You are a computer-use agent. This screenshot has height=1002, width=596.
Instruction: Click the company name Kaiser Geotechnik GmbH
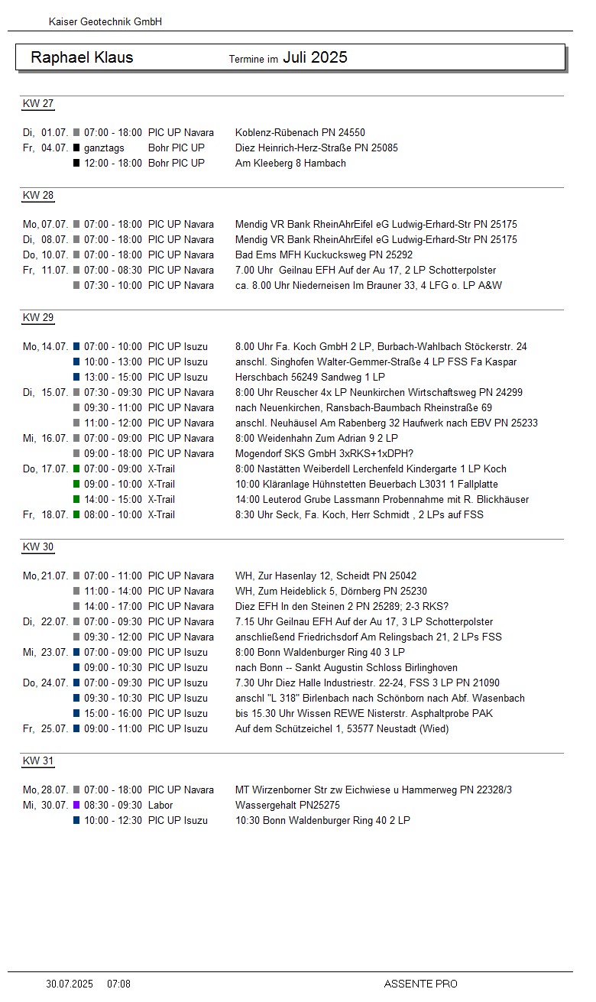[x=105, y=22]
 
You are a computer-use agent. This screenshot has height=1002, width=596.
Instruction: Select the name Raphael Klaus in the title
[x=82, y=57]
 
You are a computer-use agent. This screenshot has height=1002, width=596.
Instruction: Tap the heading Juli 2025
[x=315, y=57]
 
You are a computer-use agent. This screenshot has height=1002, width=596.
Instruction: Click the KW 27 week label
[x=38, y=104]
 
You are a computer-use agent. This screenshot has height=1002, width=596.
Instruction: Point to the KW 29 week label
[x=38, y=318]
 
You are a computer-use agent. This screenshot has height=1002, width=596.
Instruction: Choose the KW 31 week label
[x=38, y=761]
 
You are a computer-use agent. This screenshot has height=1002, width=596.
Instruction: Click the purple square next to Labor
[x=76, y=805]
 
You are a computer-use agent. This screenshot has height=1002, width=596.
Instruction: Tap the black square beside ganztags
[x=76, y=148]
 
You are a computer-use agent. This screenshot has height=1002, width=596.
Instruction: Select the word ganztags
[x=104, y=148]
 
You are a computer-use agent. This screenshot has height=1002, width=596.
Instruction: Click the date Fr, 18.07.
[x=45, y=514]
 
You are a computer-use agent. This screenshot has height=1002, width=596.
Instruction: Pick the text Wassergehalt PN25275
[x=287, y=805]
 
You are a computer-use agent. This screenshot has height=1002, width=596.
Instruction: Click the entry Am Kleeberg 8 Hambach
[x=290, y=163]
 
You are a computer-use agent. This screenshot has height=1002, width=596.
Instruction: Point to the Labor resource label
[x=160, y=805]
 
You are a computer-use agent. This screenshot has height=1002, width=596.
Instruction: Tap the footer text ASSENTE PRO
[x=420, y=984]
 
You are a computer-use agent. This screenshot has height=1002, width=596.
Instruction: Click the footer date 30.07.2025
[x=70, y=984]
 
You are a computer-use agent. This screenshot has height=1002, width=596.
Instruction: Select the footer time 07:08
[x=118, y=984]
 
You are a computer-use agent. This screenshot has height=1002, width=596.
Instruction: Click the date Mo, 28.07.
[x=45, y=790]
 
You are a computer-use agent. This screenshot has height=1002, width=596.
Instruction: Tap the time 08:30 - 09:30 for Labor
[x=113, y=805]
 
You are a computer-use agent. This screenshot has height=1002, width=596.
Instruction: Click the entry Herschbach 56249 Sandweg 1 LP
[x=310, y=377]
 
